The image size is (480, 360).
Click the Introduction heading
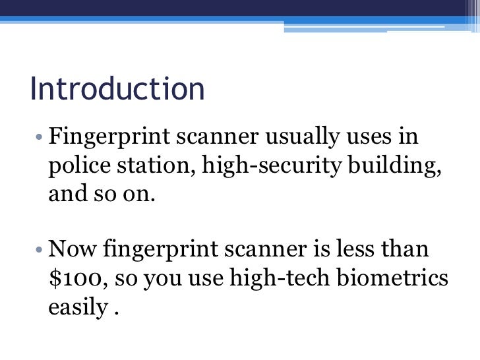(117, 90)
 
